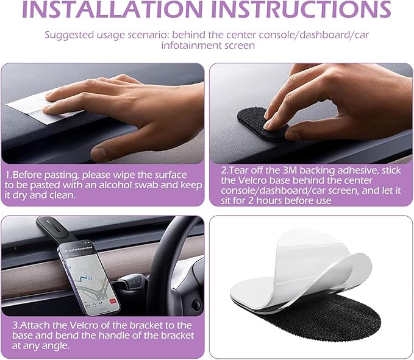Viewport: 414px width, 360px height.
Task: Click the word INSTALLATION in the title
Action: click(x=112, y=9)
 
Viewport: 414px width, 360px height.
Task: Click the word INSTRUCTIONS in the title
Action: click(x=301, y=9)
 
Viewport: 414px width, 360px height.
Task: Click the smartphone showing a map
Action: click(x=89, y=277)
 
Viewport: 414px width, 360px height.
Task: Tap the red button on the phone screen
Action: click(x=113, y=301)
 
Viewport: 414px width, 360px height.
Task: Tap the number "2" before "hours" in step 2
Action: click(x=251, y=200)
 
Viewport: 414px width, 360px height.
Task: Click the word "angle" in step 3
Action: click(x=57, y=346)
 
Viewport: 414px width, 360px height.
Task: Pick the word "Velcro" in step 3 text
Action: click(x=84, y=325)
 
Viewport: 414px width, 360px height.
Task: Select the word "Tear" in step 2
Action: click(x=239, y=171)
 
